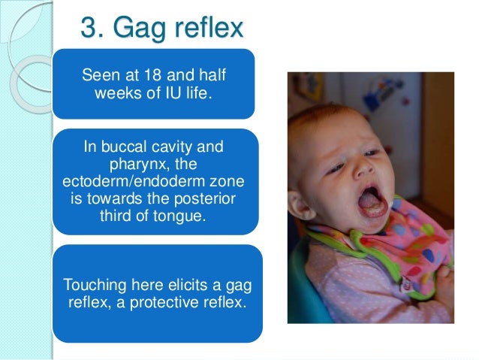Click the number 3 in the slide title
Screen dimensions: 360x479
coord(89,29)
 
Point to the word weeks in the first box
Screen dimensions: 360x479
coord(118,95)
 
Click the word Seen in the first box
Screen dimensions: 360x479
coord(98,77)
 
